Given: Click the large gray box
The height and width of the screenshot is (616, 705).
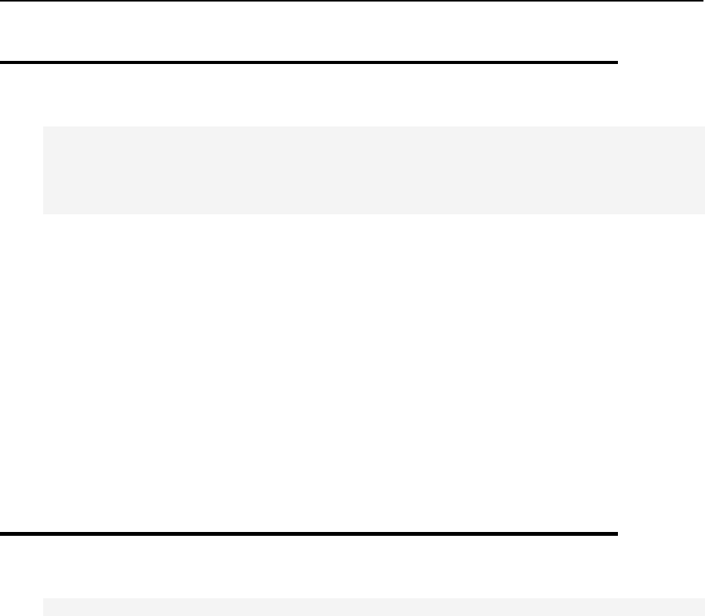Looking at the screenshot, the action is pyautogui.click(x=374, y=170).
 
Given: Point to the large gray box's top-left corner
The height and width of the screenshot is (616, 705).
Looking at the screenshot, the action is pyautogui.click(x=43, y=127).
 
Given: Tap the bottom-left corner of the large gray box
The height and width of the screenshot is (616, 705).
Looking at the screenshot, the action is pyautogui.click(x=43, y=214).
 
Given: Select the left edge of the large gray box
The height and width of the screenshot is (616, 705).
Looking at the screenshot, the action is pyautogui.click(x=43, y=170).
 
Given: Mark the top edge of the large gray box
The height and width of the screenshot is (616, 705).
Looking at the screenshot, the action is pyautogui.click(x=374, y=127).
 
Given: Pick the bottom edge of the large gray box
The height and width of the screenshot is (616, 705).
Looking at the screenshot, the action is pyautogui.click(x=374, y=214).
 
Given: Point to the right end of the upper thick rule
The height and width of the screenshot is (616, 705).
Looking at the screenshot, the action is pyautogui.click(x=618, y=62).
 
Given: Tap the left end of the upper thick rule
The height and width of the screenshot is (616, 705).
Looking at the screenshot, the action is pyautogui.click(x=1, y=62).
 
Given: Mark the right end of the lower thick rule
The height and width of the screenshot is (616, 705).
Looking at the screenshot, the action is pyautogui.click(x=618, y=533).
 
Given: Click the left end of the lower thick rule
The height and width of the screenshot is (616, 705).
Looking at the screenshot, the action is pyautogui.click(x=1, y=533).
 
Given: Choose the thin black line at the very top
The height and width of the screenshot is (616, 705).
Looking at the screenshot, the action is pyautogui.click(x=352, y=1).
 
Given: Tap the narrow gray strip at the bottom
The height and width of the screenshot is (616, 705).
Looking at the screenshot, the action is pyautogui.click(x=374, y=608).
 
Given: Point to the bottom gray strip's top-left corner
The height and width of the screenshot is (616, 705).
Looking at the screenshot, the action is pyautogui.click(x=43, y=598).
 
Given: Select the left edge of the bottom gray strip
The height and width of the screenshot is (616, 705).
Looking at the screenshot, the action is pyautogui.click(x=43, y=608).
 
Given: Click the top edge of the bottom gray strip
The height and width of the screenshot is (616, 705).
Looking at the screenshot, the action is pyautogui.click(x=374, y=598).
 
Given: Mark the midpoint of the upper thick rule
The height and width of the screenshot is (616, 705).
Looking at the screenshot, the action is pyautogui.click(x=309, y=62).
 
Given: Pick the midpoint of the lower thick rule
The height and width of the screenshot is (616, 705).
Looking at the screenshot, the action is pyautogui.click(x=309, y=533).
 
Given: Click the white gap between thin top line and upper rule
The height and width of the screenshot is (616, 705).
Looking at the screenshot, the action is pyautogui.click(x=308, y=31).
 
